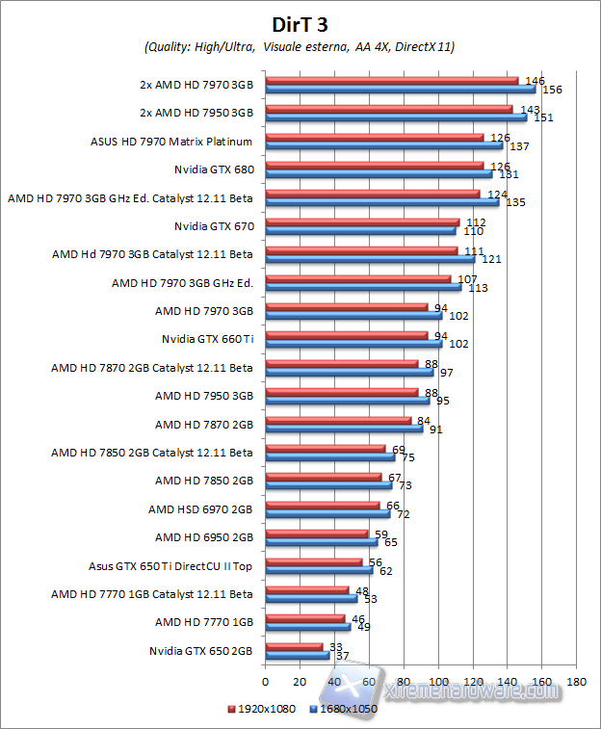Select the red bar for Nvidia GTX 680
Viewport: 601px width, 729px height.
pos(374,165)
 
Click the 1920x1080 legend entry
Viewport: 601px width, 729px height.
pos(263,710)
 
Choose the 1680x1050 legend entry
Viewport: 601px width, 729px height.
pos(344,710)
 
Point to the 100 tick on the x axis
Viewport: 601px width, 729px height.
pos(438,682)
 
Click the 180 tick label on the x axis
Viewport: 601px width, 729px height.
pos(576,682)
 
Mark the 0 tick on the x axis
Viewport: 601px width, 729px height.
pos(265,682)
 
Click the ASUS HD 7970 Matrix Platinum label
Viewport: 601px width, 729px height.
pos(170,142)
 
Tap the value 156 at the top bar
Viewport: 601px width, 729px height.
pos(553,90)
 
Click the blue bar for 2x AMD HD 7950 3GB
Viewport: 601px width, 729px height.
pos(395,117)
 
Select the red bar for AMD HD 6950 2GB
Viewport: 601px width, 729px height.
pos(316,533)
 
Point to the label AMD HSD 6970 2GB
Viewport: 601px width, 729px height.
pos(200,508)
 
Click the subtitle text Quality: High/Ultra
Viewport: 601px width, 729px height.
pos(201,46)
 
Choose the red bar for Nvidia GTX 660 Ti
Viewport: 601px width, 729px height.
pos(346,334)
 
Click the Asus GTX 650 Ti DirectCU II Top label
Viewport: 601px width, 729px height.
pos(170,565)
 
